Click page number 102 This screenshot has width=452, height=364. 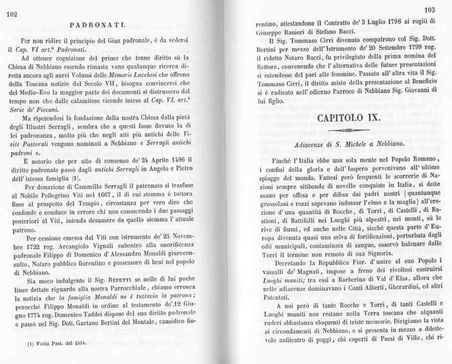pos(12,16)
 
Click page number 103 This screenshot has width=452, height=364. pos(429,10)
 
